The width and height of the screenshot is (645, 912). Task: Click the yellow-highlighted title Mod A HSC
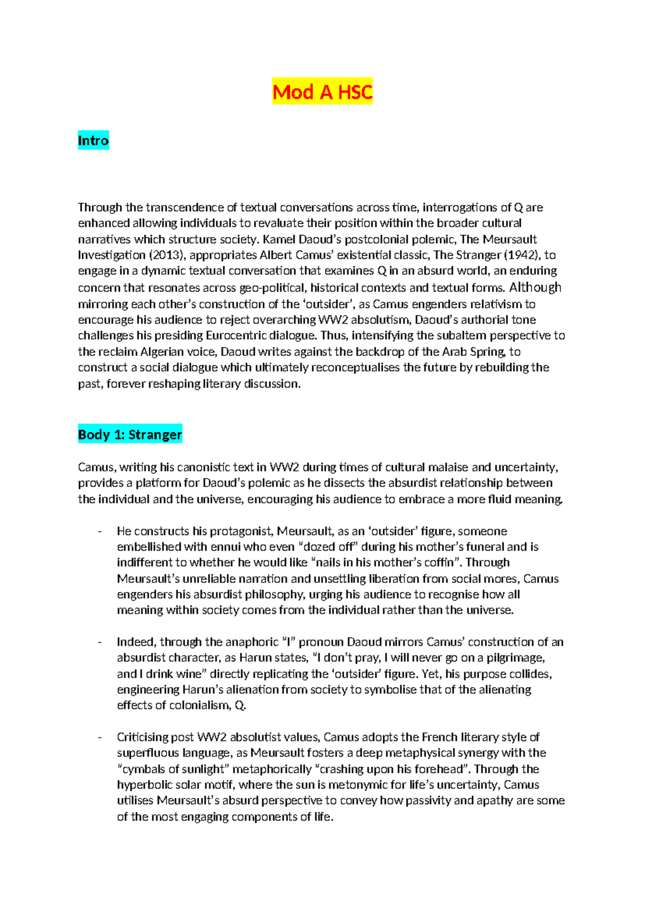point(322,92)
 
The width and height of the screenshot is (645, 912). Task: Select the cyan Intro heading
point(93,140)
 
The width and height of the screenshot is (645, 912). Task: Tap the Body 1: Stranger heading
point(130,434)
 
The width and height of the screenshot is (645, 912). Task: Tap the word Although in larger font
point(535,287)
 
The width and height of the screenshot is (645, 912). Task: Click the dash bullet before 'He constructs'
point(100,531)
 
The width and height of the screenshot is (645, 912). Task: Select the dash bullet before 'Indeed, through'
point(100,642)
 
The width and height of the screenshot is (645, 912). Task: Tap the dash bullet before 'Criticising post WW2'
point(100,737)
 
